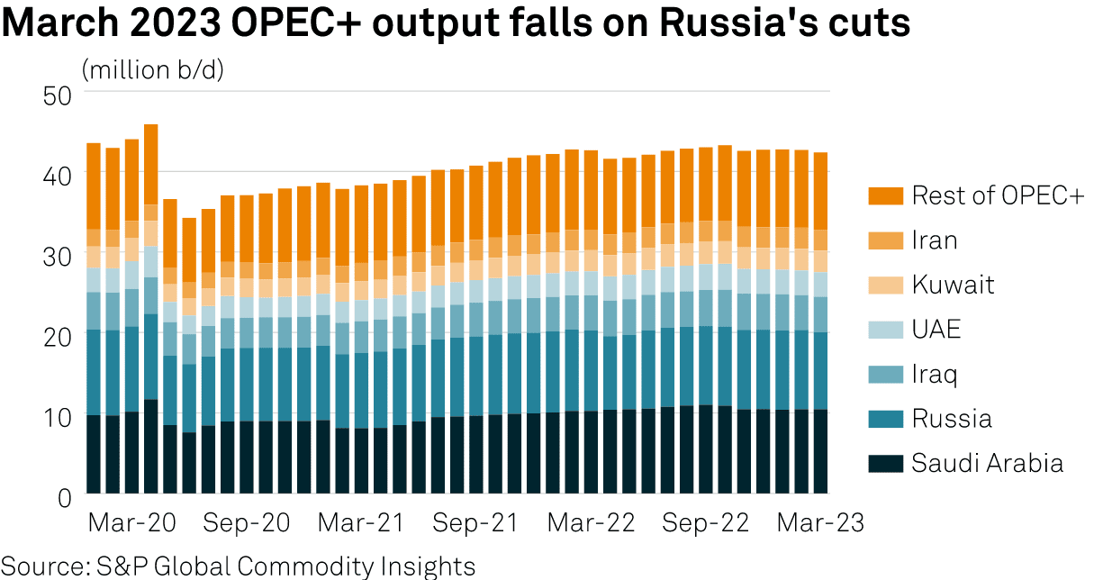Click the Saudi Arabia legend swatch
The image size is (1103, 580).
tap(886, 464)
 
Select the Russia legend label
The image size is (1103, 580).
tap(952, 419)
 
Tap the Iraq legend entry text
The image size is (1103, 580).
tap(936, 374)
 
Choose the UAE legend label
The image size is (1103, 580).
tap(936, 329)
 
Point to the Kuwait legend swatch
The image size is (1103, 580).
tap(886, 285)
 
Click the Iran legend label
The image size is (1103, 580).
tap(935, 240)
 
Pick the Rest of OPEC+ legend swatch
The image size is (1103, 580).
tap(886, 195)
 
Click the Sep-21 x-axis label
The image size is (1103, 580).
tap(475, 523)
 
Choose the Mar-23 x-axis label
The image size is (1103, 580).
tap(819, 523)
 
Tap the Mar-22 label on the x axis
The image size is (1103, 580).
tap(591, 523)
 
